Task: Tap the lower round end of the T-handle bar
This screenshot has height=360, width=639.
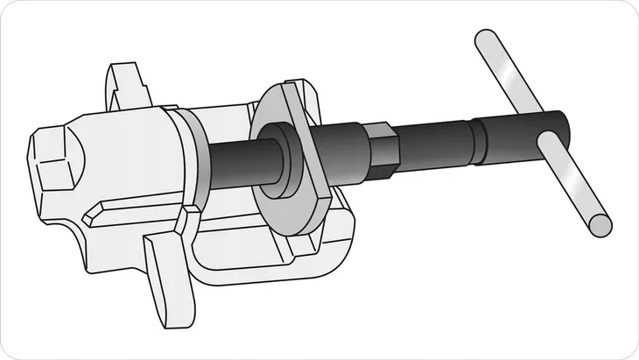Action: [600, 226]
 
